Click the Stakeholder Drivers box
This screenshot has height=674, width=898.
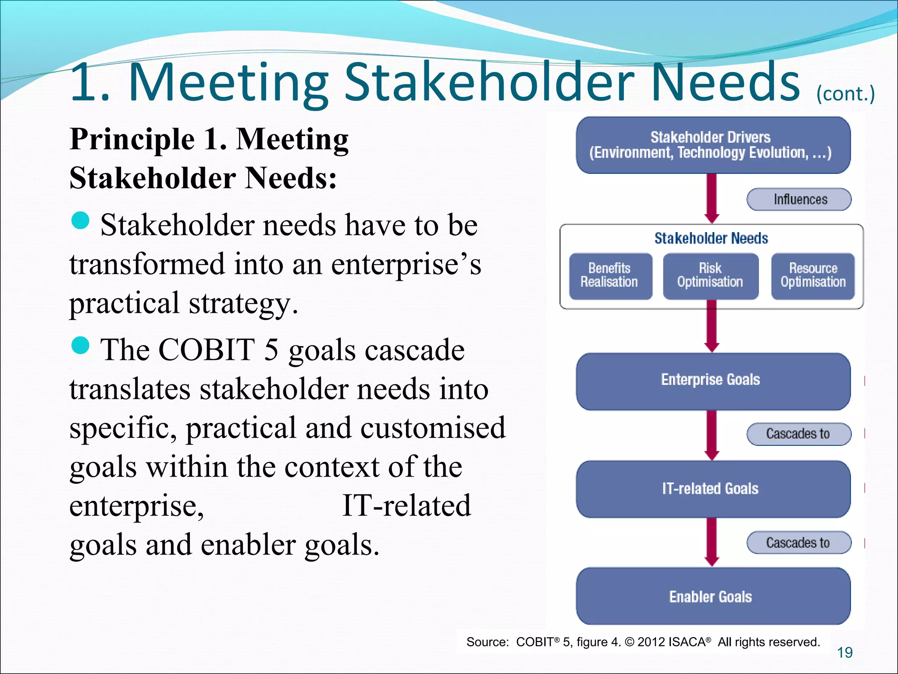click(713, 145)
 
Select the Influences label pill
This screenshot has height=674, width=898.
click(799, 200)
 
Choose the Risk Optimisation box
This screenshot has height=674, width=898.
click(710, 276)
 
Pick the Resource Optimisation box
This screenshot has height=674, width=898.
click(813, 276)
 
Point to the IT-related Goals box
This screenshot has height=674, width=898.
click(713, 489)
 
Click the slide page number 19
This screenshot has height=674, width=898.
click(845, 652)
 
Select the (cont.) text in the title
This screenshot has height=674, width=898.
click(845, 94)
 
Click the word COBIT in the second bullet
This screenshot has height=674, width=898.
click(207, 350)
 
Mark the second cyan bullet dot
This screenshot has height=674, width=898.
click(80, 345)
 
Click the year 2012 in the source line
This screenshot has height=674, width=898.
click(652, 642)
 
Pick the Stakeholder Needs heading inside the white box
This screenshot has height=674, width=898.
click(711, 238)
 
